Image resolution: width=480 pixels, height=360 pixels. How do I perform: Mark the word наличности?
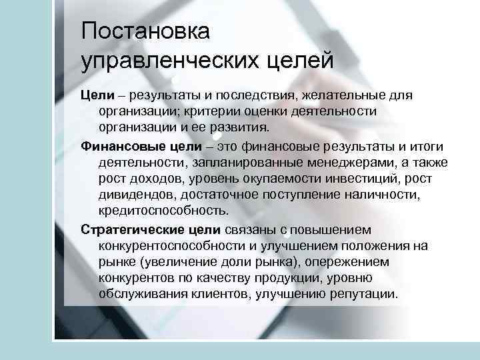(376, 195)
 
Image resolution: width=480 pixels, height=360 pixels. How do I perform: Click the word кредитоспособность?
(163, 211)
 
